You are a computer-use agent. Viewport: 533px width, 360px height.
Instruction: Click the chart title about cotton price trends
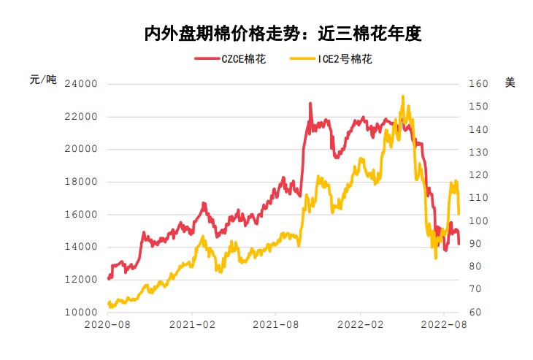(283, 34)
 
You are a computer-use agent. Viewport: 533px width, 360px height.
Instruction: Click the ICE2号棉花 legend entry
(331, 59)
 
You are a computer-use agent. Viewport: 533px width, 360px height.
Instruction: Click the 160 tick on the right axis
(477, 84)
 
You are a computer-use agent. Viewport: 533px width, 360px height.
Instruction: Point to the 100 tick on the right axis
(477, 221)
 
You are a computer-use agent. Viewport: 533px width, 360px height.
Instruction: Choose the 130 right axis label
(477, 153)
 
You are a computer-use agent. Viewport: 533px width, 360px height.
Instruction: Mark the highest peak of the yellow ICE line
(402, 96)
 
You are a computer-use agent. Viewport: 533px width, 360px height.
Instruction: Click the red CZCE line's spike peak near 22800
(310, 104)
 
